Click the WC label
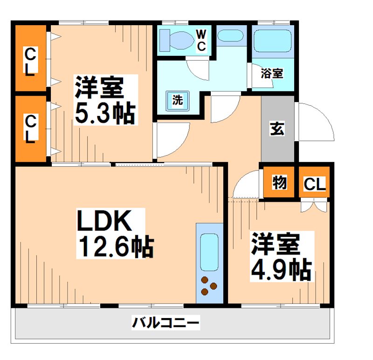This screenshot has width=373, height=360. tap(201, 40)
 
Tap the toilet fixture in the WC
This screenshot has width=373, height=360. tap(176, 40)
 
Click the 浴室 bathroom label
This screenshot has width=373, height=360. tap(271, 73)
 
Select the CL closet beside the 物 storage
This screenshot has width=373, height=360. tap(315, 184)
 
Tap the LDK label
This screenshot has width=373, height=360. tap(105, 222)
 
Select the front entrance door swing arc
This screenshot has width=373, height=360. tap(315, 122)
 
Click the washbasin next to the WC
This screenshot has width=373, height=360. tap(230, 37)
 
